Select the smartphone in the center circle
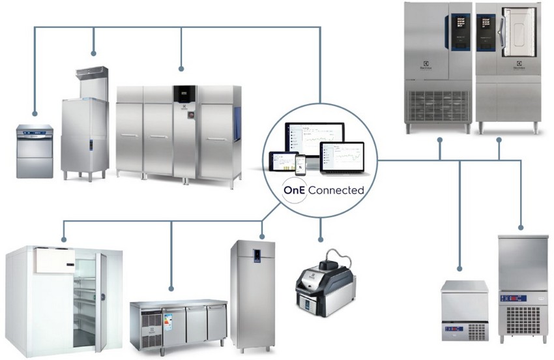(300, 164)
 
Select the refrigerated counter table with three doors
(178, 323)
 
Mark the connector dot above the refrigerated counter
(171, 288)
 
